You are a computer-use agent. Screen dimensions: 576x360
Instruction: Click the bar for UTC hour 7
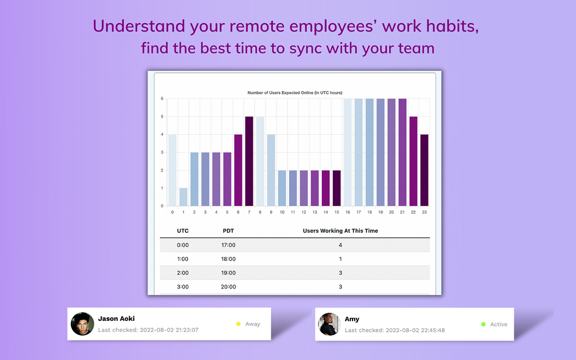click(x=249, y=161)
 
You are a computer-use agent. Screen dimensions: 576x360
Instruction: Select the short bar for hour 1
click(x=183, y=197)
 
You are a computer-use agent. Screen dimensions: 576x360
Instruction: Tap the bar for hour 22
click(x=413, y=161)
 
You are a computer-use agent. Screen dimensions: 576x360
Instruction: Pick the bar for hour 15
click(x=336, y=188)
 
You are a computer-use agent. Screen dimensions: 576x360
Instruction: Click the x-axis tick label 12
click(x=304, y=213)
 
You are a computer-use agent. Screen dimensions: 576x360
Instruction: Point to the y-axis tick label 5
click(x=162, y=116)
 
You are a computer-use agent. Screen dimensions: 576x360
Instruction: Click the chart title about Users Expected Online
click(x=294, y=93)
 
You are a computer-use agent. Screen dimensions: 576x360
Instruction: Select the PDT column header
click(x=228, y=231)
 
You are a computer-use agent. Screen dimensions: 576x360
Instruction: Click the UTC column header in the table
click(x=183, y=231)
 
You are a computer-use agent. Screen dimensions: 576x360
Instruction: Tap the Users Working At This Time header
click(x=340, y=231)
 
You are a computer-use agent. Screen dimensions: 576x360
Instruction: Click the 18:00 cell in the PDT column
click(x=228, y=259)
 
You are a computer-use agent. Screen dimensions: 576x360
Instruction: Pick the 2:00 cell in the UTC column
click(x=183, y=273)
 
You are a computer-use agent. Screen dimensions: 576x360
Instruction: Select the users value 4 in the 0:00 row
click(x=340, y=245)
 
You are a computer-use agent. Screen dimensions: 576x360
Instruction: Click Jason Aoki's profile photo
click(x=82, y=324)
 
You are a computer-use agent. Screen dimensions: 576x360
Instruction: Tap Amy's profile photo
click(x=329, y=324)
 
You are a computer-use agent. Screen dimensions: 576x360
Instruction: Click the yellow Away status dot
click(x=238, y=324)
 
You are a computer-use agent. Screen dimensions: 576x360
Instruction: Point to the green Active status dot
click(x=483, y=324)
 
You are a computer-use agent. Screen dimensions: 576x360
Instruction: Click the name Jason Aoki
click(x=116, y=319)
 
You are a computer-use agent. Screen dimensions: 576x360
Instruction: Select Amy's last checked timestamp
click(x=395, y=330)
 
